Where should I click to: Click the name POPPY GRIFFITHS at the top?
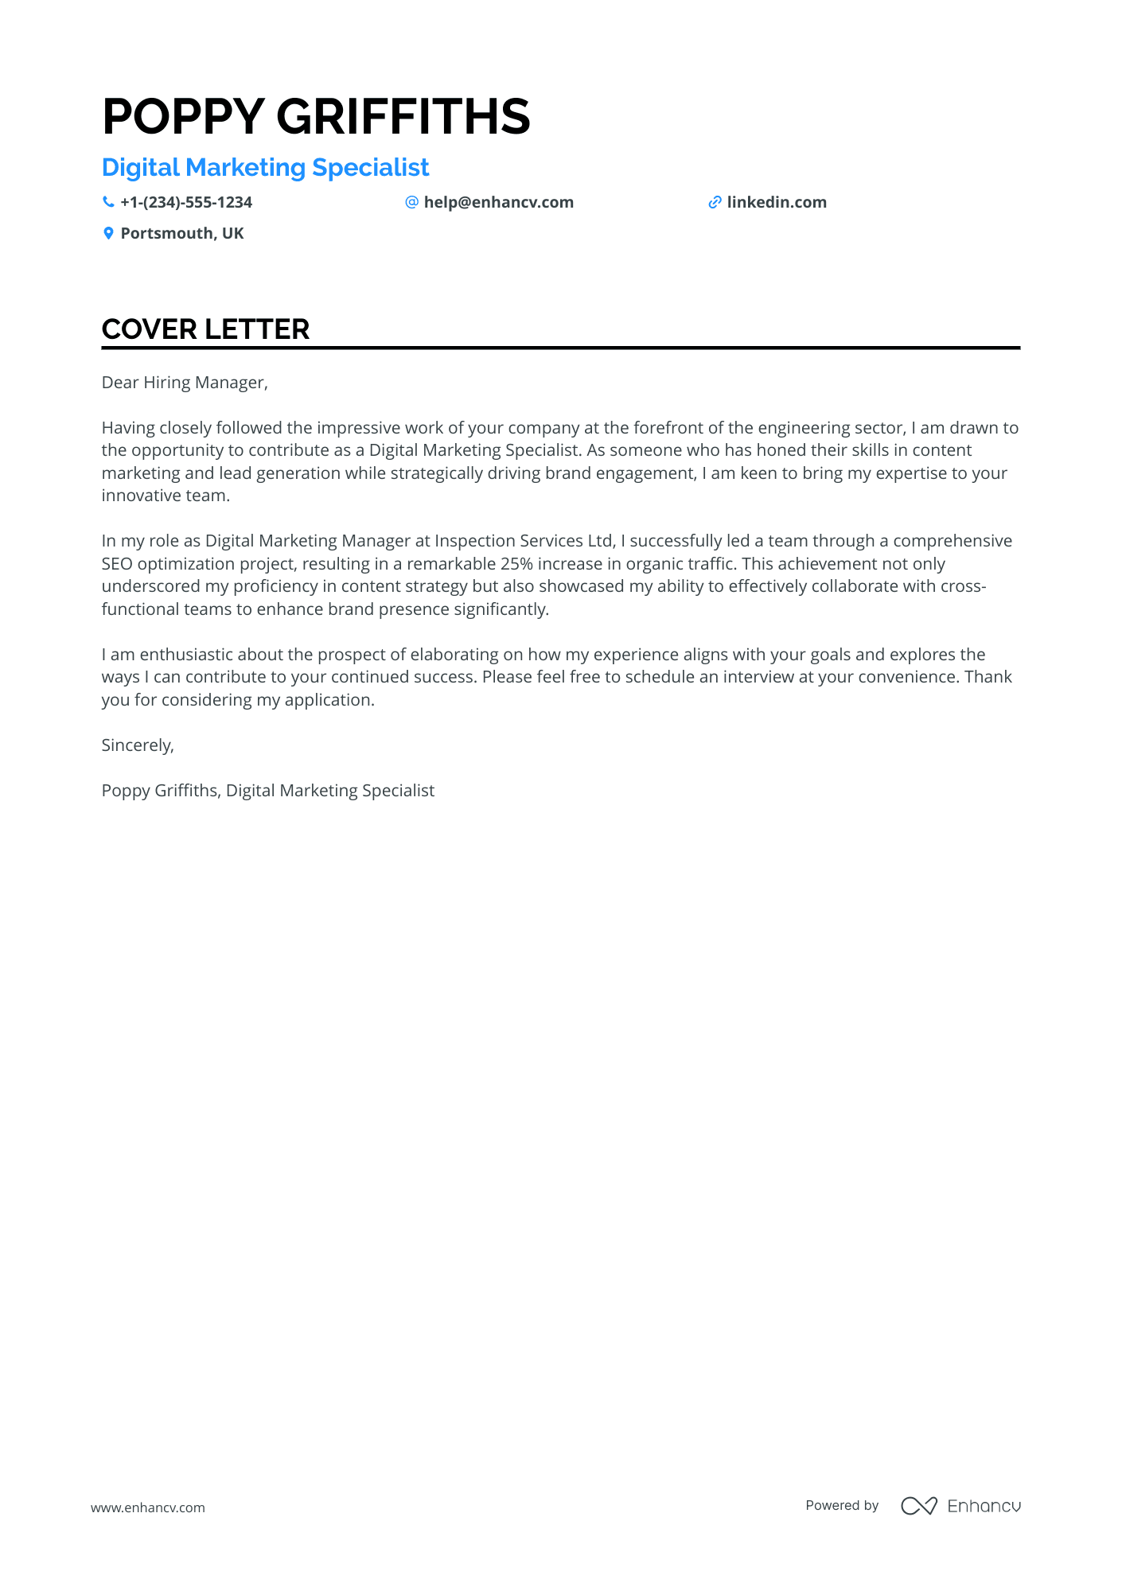316,116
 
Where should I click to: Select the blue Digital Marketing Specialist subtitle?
265,168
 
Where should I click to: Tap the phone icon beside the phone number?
108,202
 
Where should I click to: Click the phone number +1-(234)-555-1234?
186,202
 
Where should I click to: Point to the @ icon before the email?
411,202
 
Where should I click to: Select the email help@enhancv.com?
498,202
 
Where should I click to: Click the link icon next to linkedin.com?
715,202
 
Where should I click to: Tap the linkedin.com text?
777,202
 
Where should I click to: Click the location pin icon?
108,233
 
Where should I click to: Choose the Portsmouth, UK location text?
182,233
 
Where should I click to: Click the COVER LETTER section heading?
205,329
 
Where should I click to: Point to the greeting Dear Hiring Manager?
185,383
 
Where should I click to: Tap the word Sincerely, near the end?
138,745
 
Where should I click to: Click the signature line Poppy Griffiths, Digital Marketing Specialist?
268,791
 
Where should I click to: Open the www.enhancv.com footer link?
148,1507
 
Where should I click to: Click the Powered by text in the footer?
842,1505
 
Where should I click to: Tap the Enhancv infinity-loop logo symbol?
918,1506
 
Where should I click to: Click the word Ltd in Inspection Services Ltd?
600,541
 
